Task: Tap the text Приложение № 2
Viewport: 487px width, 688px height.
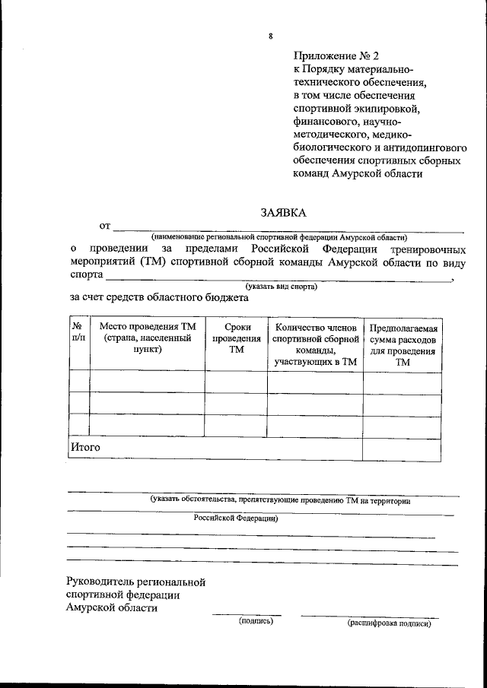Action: tap(335, 55)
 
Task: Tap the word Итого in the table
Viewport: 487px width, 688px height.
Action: tap(86, 448)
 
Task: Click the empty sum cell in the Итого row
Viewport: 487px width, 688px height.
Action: tap(402, 449)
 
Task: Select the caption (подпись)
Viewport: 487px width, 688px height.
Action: tap(256, 621)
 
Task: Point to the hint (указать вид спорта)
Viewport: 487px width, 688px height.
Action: tap(277, 287)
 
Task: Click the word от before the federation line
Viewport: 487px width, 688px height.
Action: tap(105, 226)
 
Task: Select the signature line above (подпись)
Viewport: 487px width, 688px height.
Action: tap(246, 614)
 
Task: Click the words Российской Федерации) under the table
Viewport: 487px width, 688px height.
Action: tap(235, 518)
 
